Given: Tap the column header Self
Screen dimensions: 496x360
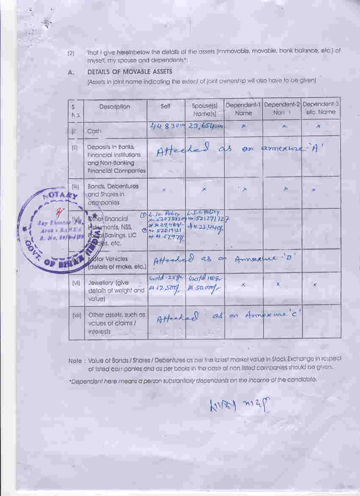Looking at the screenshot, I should tap(166, 107).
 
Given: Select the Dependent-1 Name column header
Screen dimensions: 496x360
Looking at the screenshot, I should tap(243, 109).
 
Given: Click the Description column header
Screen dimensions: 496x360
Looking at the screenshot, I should tap(115, 107).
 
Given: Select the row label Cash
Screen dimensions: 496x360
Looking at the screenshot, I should tap(94, 131).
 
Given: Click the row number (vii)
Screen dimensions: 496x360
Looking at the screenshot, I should tap(77, 315).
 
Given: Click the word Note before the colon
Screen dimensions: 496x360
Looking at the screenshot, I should tap(75, 361).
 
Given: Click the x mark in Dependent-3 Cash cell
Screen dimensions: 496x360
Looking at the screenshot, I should tap(318, 126).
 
